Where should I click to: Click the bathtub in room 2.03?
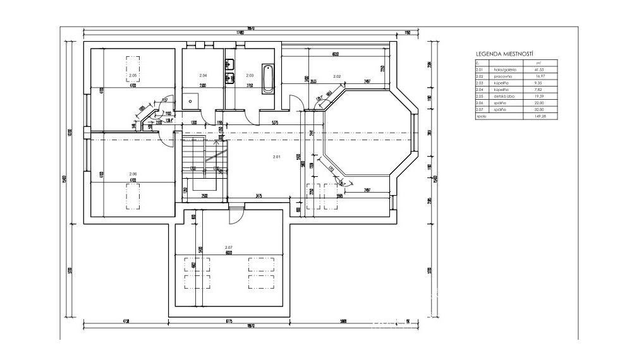(x=268, y=79)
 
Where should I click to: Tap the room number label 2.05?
(x=132, y=76)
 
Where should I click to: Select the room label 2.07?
(x=228, y=247)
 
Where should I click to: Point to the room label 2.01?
(x=276, y=156)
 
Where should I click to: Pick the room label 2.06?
(x=133, y=174)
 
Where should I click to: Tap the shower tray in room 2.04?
(x=191, y=100)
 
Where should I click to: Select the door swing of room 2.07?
(x=233, y=214)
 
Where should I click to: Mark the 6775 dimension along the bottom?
(x=229, y=321)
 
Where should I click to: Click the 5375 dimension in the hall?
(x=275, y=121)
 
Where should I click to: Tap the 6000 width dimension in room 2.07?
(x=228, y=253)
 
